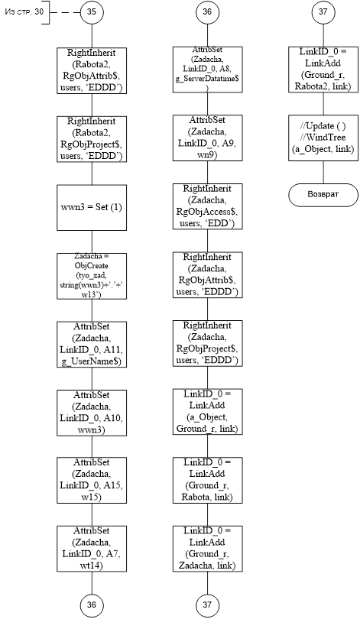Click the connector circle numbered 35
tap(92, 11)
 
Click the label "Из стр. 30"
tap(19, 11)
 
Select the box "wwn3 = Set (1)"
tap(92, 207)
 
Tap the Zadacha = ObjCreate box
tap(92, 276)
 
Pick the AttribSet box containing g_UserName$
tap(92, 344)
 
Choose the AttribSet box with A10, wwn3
tap(92, 413)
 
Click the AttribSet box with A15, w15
tap(92, 481)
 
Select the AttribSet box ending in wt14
tap(92, 549)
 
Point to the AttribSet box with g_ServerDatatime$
tap(208, 70)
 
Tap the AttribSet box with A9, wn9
tap(208, 138)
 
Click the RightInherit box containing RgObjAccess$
tap(208, 206)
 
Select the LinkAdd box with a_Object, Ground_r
tap(208, 412)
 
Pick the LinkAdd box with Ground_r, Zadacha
tap(208, 549)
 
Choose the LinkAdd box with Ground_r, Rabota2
tap(323, 70)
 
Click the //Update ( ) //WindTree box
tap(323, 138)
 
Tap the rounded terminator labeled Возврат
tap(323, 195)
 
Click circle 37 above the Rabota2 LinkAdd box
tap(323, 11)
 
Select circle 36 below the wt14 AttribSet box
tap(92, 605)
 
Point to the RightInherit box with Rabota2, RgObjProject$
tap(92, 139)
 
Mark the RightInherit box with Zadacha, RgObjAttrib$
tap(208, 275)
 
